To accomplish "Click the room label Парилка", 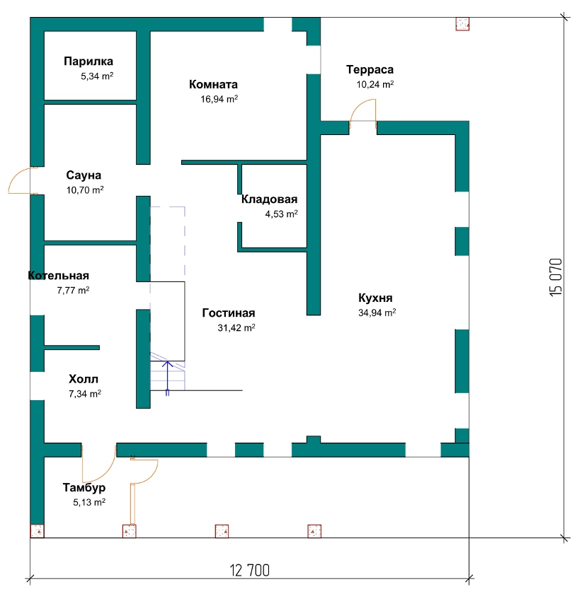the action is tap(88, 62).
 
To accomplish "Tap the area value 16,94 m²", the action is tap(219, 99).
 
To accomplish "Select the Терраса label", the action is tap(370, 70).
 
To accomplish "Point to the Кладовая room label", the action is tap(269, 199).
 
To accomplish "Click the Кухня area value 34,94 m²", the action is tap(377, 313).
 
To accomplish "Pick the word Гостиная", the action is tap(229, 313).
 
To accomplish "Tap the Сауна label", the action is tap(84, 175).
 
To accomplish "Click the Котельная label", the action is tap(58, 276).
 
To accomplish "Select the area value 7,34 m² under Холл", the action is tap(85, 394).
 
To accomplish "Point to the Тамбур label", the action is tap(84, 488).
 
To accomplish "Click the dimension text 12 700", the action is tap(250, 570).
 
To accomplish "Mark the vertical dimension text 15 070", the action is tap(556, 277).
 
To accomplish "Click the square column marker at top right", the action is tap(462, 24).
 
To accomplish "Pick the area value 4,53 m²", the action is tap(281, 214).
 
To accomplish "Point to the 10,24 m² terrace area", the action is tap(375, 84).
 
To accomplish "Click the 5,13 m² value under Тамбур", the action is tap(89, 502).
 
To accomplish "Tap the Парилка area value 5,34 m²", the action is tap(97, 76).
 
